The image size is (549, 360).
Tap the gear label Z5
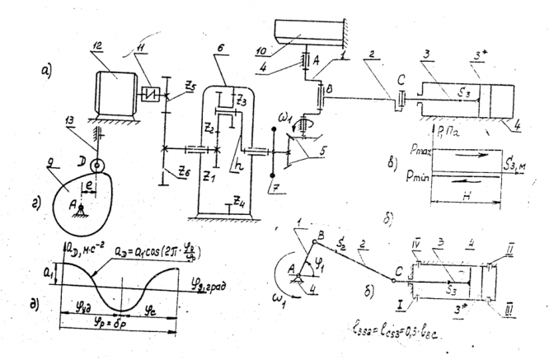tap(190, 85)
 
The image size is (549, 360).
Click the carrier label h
tap(237, 165)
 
